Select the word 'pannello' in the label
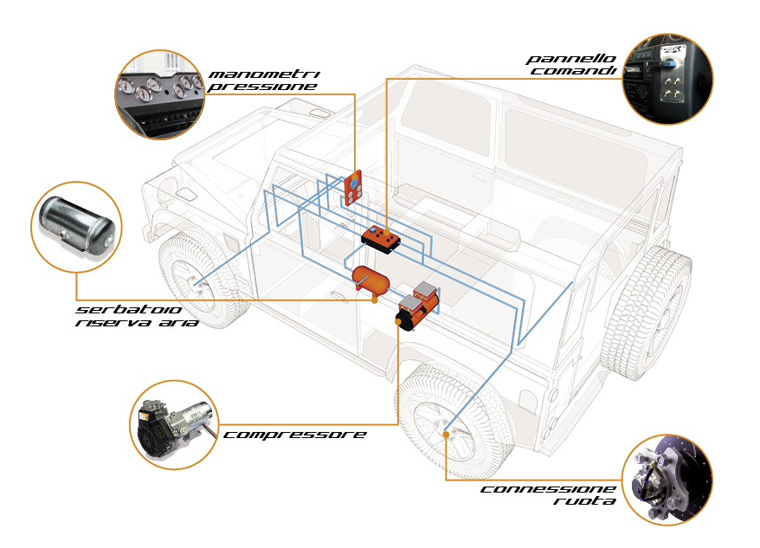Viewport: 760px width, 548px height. click(571, 59)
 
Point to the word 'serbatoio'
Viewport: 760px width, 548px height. click(118, 309)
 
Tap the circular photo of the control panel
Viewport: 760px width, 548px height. click(667, 77)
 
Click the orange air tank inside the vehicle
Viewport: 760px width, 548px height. click(370, 278)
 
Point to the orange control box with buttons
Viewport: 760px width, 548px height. click(381, 238)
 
